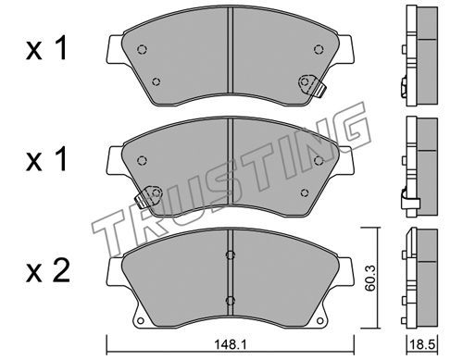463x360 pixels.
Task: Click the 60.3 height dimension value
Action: (369, 278)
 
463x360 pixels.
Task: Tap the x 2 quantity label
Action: (48, 271)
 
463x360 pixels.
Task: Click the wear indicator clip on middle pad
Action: (149, 196)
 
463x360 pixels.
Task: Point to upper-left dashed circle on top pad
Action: (142, 49)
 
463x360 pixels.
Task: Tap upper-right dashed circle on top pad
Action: (319, 49)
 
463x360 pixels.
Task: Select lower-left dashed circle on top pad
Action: (156, 81)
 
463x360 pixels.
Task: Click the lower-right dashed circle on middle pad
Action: (305, 192)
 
